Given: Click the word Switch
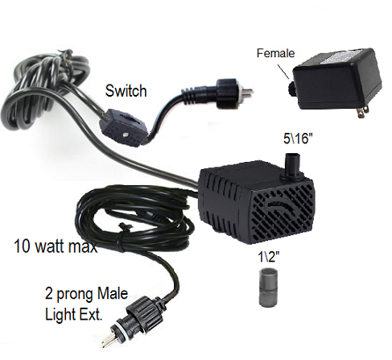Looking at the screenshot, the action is coord(126,91).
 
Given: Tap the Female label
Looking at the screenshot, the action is coord(275,53).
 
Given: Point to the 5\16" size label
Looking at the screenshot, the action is coord(298,139).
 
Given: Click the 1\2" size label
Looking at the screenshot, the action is coord(269,256).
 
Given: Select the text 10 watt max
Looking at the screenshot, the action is coord(56,246).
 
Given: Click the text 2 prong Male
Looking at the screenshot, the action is coord(86,293).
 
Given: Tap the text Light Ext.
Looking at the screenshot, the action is coord(74,314).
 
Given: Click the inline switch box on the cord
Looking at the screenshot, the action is coord(123,127).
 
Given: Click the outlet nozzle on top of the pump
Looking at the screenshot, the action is coord(292,166).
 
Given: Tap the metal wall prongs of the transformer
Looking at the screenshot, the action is coord(361,112).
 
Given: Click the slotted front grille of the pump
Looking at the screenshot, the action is coord(283,212).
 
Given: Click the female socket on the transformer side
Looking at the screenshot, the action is coord(291,89).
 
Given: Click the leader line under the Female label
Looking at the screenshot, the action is coord(283,71).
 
